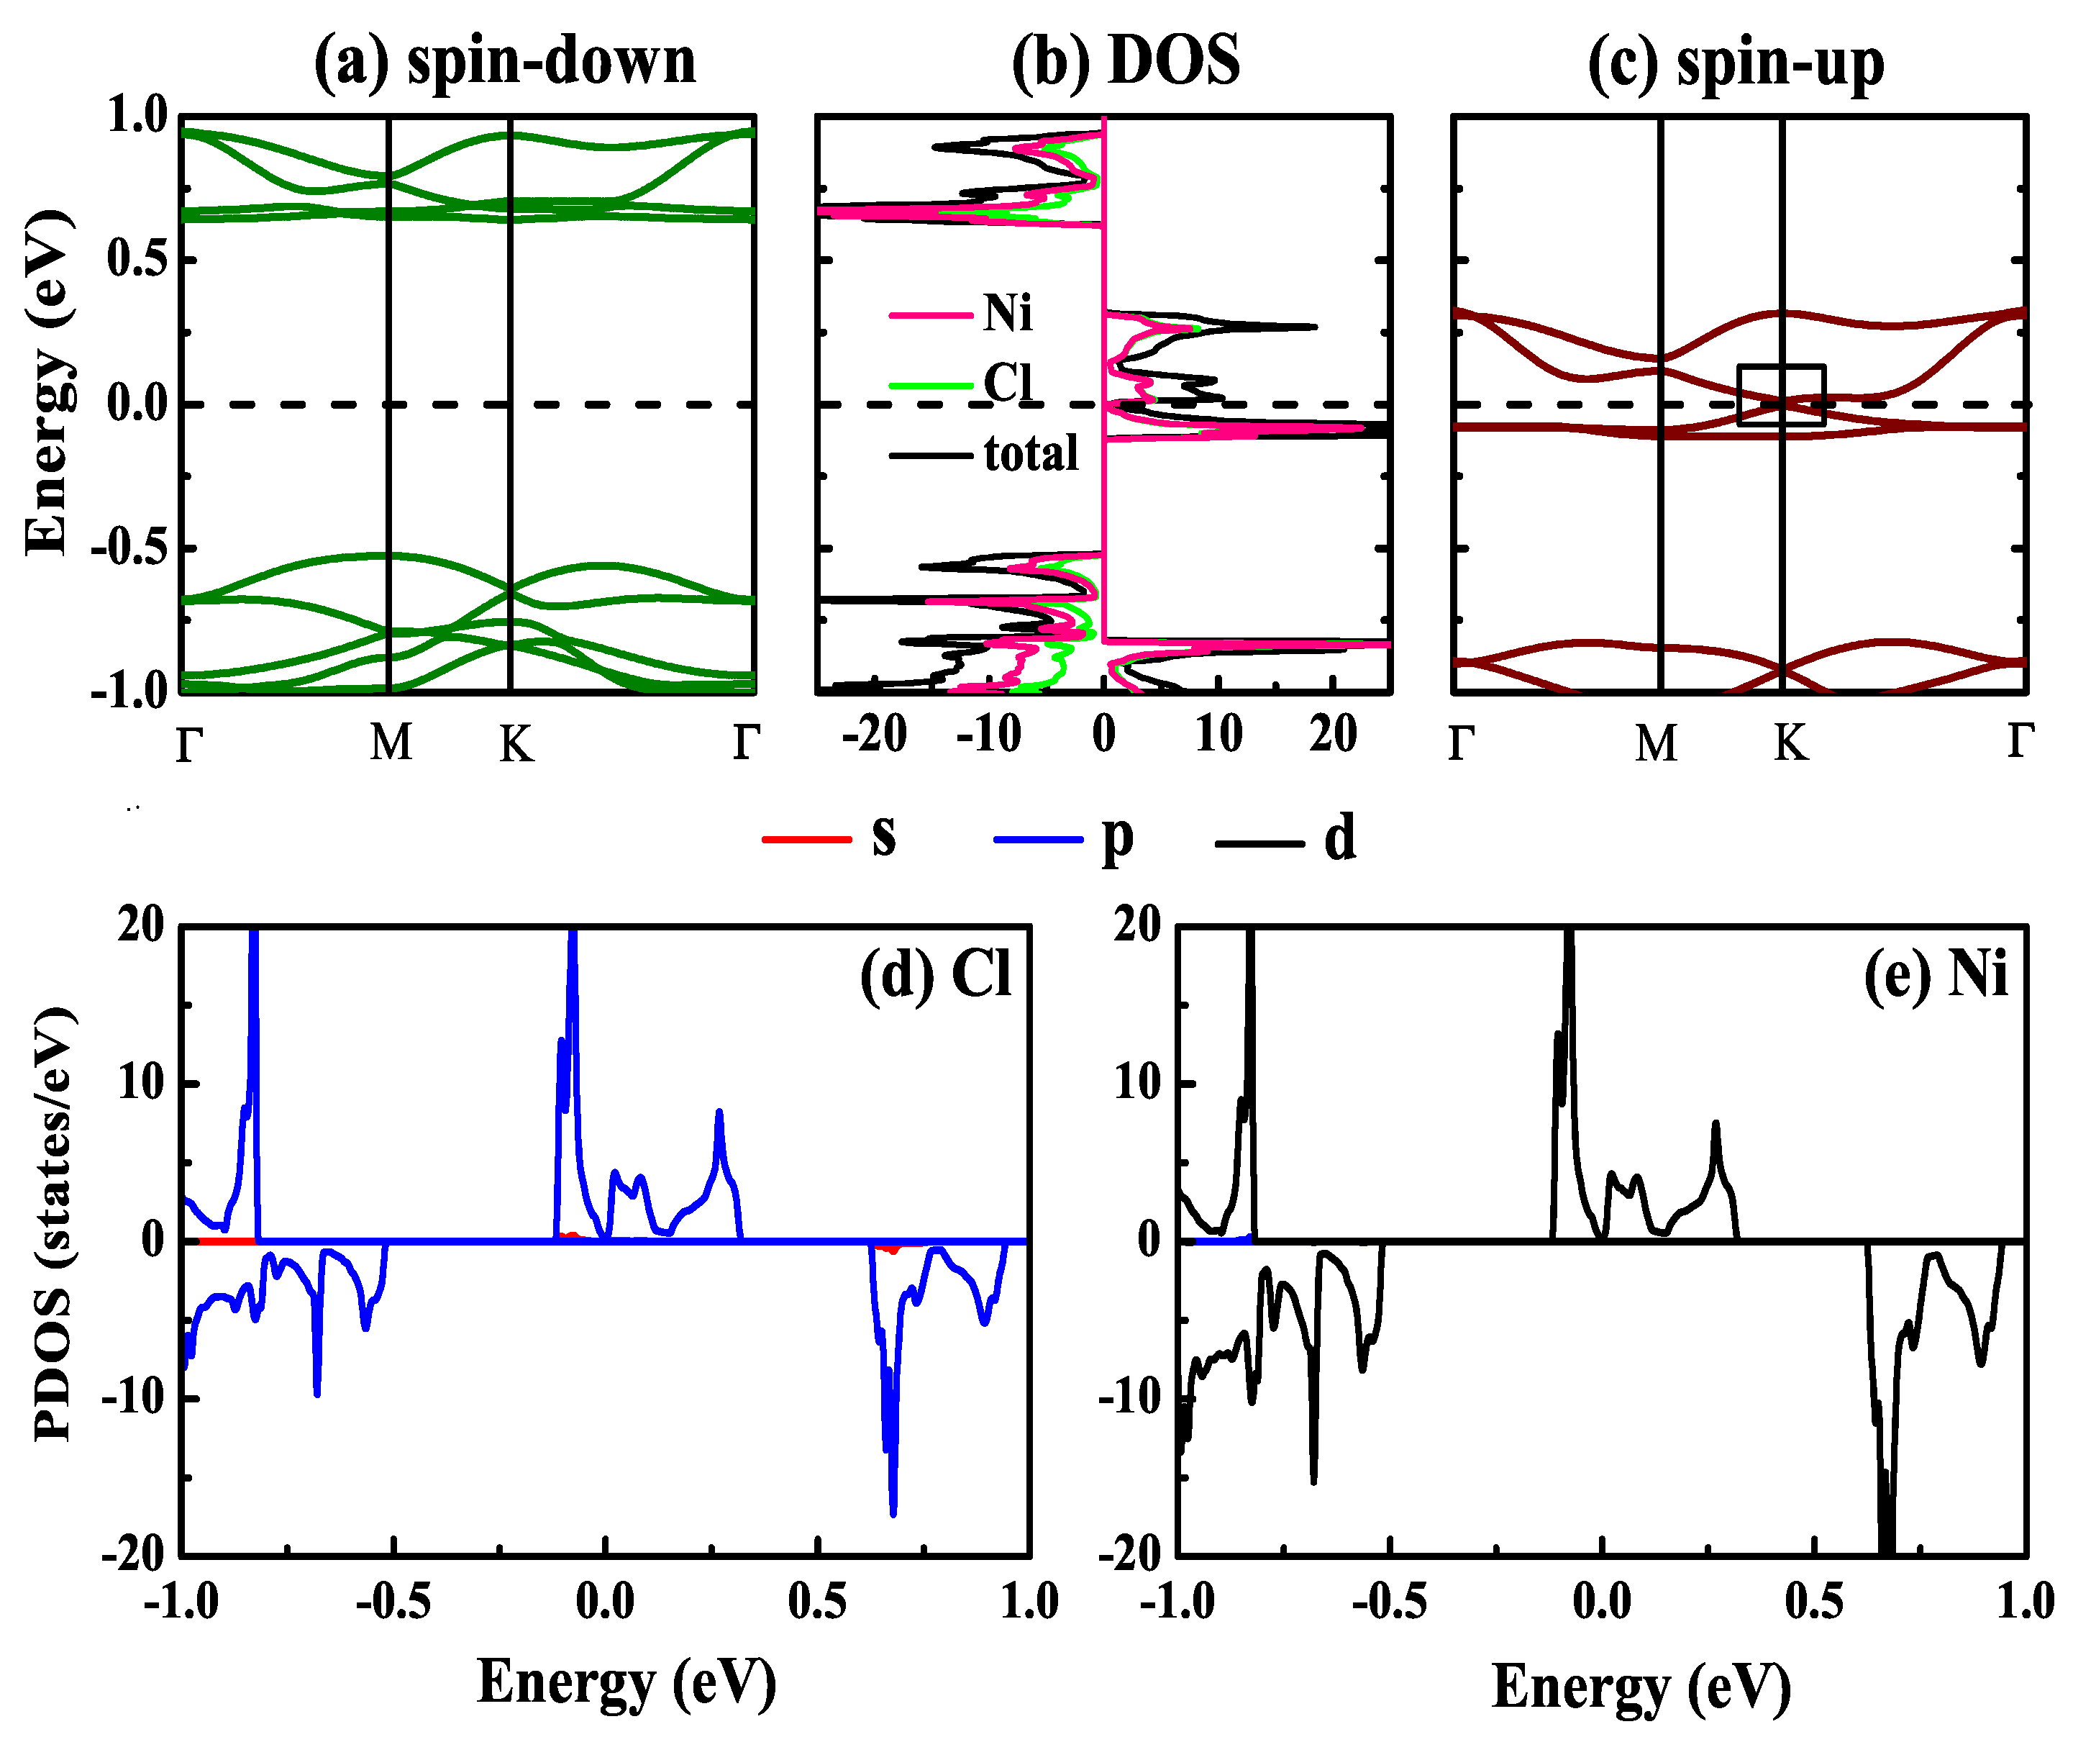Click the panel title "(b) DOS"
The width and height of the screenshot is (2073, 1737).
click(1126, 61)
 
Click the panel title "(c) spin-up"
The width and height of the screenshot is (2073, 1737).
click(1736, 63)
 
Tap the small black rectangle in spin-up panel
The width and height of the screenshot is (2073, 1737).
click(1781, 395)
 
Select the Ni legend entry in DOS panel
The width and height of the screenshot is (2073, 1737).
click(1007, 314)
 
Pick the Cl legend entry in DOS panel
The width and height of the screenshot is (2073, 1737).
click(1007, 383)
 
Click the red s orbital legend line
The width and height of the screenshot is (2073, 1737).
click(806, 840)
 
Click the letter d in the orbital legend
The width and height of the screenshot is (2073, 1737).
click(1339, 840)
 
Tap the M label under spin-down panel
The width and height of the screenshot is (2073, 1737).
click(391, 743)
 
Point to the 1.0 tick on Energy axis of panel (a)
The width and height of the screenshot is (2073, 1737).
click(137, 117)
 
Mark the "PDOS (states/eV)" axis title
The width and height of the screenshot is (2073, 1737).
click(53, 1225)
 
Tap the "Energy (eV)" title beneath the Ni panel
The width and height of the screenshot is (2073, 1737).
click(1641, 1687)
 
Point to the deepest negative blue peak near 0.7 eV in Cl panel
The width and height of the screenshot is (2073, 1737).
click(893, 1511)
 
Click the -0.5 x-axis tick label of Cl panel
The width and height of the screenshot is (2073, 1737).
click(393, 1602)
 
